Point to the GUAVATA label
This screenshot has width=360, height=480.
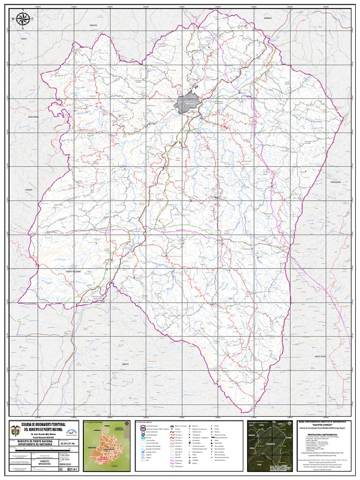pyautogui.click(x=93, y=24)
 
